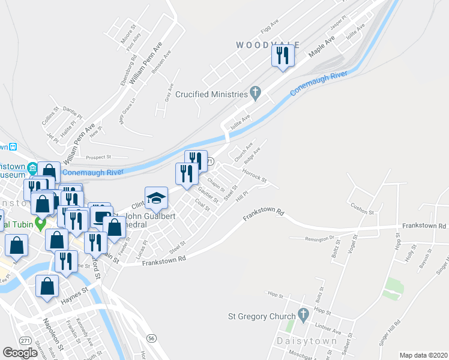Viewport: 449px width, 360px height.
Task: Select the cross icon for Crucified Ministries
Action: pos(255,94)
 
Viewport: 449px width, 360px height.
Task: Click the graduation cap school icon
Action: pos(155,197)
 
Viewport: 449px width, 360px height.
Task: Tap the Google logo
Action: pos(20,353)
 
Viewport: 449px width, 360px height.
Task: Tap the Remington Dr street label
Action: pos(319,238)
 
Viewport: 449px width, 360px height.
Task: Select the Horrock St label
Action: pos(254,175)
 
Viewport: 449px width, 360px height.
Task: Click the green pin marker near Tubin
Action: pos(41,224)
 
